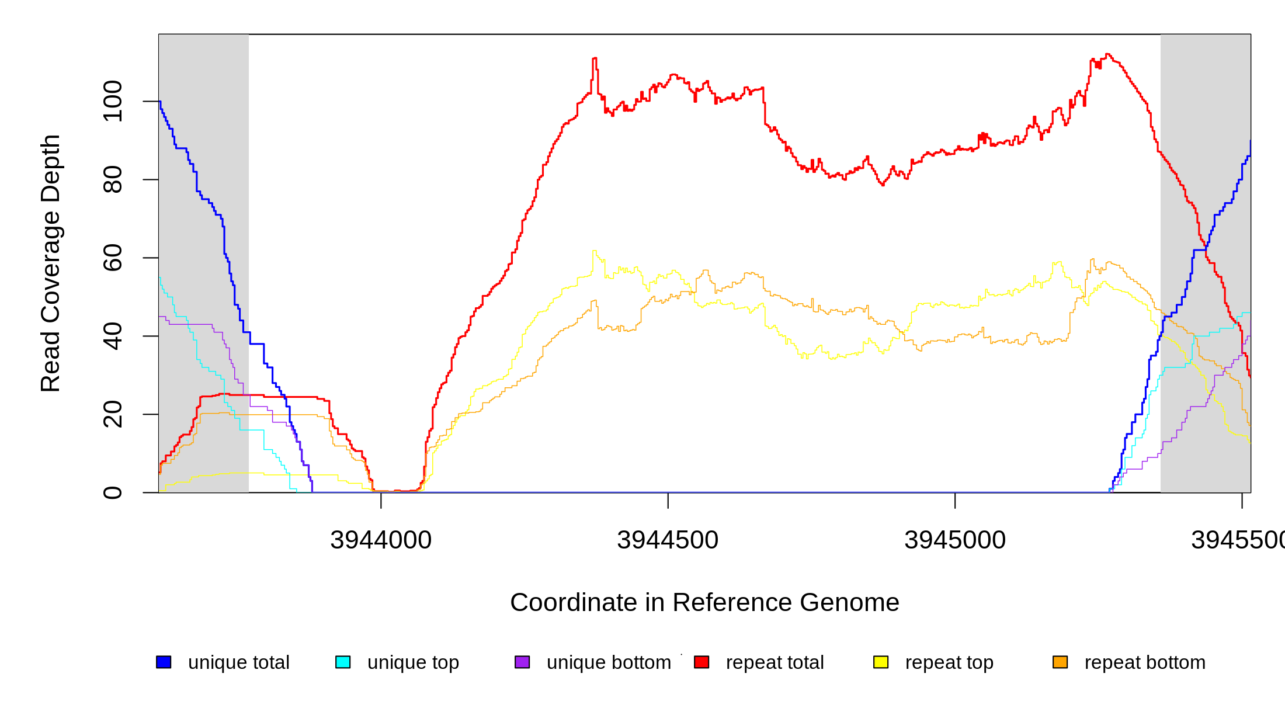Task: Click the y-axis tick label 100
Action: point(112,102)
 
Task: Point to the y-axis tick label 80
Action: point(112,179)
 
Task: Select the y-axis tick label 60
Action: point(112,258)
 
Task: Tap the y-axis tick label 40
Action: point(112,336)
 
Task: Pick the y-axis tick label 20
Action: point(112,414)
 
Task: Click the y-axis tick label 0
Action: point(112,492)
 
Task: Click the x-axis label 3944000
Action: point(381,540)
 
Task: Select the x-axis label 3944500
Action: point(668,540)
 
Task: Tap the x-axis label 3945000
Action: point(955,540)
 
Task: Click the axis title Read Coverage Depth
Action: point(51,263)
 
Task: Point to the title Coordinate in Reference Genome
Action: point(704,602)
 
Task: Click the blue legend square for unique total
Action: point(164,662)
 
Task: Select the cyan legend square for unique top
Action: point(343,662)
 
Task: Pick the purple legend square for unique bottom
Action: point(522,662)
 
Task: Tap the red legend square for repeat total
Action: point(701,662)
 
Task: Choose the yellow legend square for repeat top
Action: point(881,662)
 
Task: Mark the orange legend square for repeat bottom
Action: point(1060,662)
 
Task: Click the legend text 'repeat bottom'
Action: point(1145,662)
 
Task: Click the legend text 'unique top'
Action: point(413,662)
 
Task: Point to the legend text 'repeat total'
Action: point(775,662)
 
